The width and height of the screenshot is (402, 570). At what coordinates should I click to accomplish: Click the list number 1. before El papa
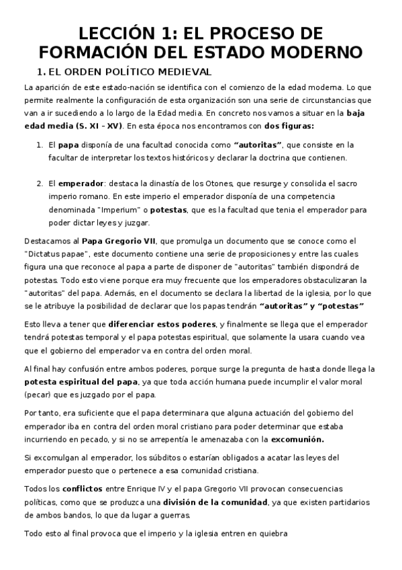point(40,145)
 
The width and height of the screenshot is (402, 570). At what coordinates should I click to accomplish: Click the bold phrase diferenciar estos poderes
point(159,324)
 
